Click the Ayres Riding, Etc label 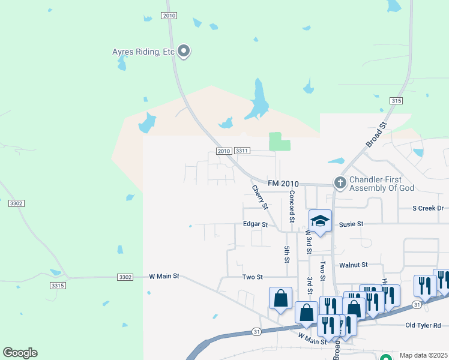[143, 52]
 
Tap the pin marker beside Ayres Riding [184, 52]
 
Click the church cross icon [340, 182]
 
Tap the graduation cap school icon [321, 221]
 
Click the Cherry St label [259, 197]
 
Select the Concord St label [292, 206]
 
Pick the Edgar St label [255, 224]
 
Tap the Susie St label [351, 224]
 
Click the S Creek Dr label [427, 208]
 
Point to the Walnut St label [353, 265]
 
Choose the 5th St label [287, 254]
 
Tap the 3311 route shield [242, 151]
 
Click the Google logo [20, 353]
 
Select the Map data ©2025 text [423, 355]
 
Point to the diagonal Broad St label [376, 135]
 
